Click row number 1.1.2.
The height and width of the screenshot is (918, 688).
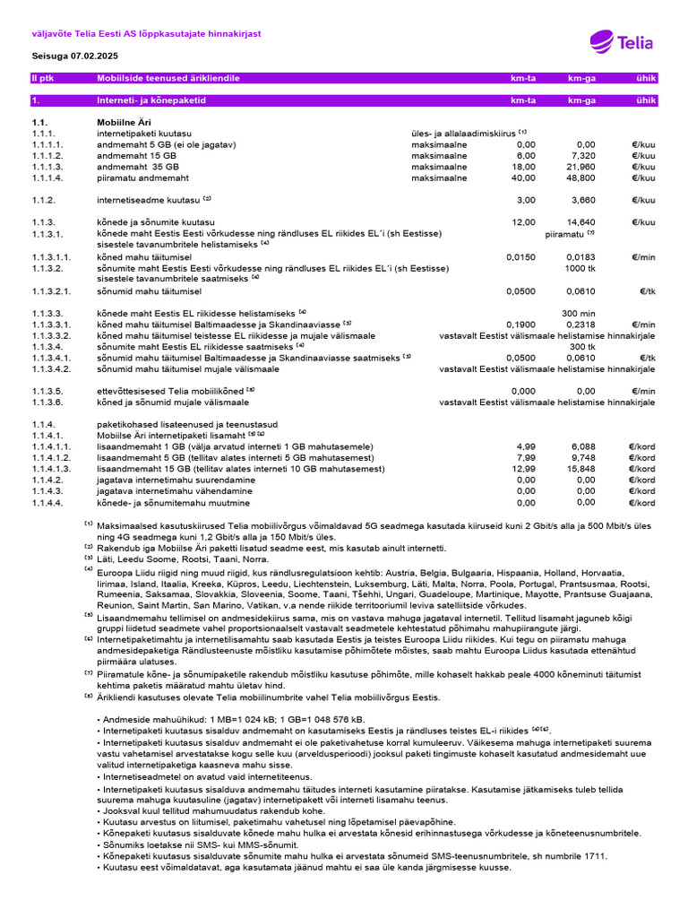(x=44, y=200)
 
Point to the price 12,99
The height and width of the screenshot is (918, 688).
(x=523, y=468)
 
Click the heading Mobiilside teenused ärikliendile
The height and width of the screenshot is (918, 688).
(x=168, y=79)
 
